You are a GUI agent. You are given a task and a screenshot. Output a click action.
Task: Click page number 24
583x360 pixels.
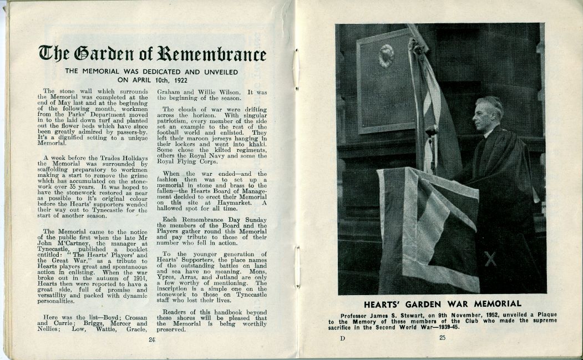click(151, 340)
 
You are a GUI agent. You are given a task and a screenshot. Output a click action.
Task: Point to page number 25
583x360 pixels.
click(442, 338)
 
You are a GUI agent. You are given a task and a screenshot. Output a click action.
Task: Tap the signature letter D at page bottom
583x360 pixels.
click(343, 338)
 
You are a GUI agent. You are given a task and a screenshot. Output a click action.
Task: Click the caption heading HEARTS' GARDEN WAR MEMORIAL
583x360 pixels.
click(442, 303)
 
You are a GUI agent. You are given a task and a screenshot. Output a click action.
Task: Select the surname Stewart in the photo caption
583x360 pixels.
click(422, 315)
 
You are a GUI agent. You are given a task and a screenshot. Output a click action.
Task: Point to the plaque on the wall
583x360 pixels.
click(386, 80)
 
